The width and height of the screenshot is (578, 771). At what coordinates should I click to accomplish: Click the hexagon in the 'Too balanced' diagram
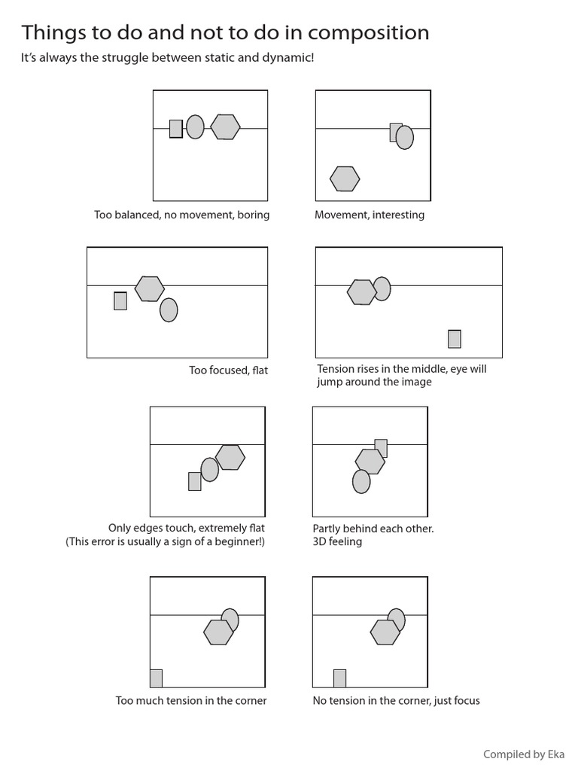(225, 127)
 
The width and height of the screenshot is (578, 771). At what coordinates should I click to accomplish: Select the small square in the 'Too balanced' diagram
(176, 129)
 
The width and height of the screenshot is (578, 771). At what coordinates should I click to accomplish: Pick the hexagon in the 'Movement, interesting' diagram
(345, 178)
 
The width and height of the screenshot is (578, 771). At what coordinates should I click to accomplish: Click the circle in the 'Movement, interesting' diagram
(405, 137)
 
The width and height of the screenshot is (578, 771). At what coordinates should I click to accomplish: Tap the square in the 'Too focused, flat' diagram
(120, 300)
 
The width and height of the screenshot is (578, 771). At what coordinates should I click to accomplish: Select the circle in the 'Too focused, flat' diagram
(169, 309)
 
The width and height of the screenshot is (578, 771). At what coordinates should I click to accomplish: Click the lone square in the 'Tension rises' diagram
(454, 339)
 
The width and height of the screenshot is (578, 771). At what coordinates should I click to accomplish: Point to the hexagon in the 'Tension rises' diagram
(361, 292)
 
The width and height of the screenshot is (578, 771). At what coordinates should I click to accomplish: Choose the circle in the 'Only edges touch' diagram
(209, 470)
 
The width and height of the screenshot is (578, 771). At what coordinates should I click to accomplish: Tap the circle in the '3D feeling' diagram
(361, 481)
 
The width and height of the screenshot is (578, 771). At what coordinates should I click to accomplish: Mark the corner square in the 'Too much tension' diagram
(156, 678)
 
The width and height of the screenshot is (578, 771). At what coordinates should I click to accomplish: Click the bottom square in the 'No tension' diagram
(339, 678)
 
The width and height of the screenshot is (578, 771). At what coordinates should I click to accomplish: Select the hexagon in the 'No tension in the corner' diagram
(385, 632)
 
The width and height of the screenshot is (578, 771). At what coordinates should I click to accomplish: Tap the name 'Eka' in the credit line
(556, 754)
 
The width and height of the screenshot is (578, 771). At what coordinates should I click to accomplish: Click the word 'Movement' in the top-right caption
(339, 215)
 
